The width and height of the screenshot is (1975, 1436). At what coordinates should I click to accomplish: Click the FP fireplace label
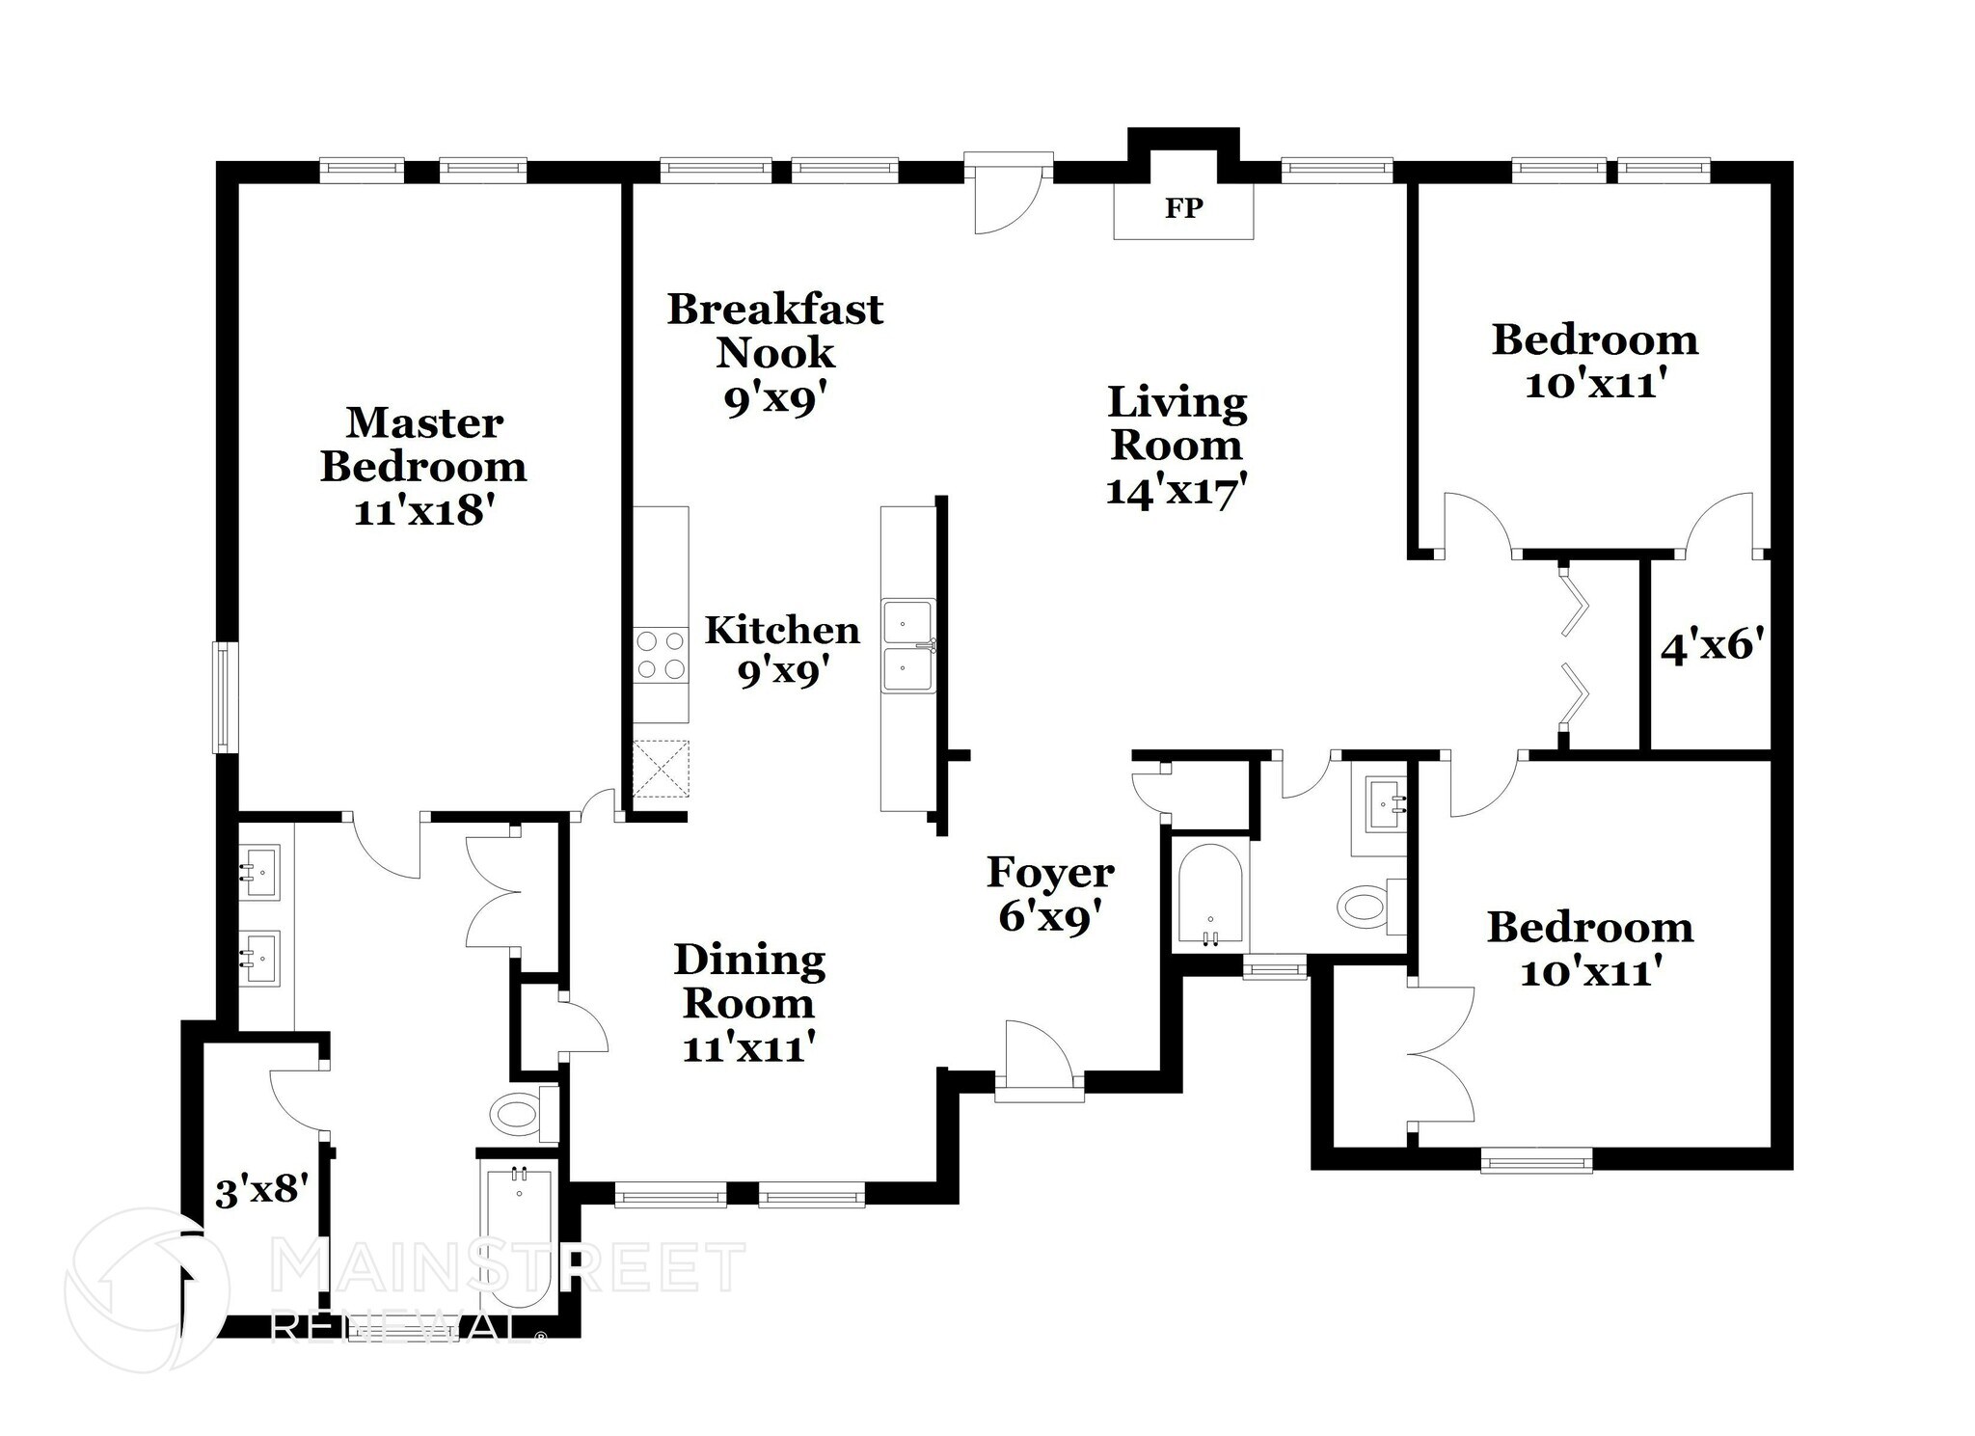(1183, 208)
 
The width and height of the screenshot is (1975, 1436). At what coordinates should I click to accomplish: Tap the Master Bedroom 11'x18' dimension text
(424, 511)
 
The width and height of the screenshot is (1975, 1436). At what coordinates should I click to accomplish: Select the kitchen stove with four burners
(661, 655)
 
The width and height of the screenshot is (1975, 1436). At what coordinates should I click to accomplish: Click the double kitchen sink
(907, 646)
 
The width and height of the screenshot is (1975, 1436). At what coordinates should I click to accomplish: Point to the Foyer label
(1050, 873)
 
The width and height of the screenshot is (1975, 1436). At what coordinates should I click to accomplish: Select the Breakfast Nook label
(775, 331)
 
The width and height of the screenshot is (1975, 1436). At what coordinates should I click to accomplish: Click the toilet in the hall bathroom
(1365, 907)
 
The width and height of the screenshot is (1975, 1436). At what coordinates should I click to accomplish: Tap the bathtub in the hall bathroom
(1209, 897)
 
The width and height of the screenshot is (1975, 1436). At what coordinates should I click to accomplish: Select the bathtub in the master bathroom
(518, 1239)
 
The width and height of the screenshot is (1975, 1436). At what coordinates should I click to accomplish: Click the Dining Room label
(749, 982)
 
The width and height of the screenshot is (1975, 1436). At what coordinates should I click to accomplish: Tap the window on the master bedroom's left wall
(224, 698)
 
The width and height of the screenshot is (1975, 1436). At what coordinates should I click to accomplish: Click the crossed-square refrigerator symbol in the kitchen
(661, 768)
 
